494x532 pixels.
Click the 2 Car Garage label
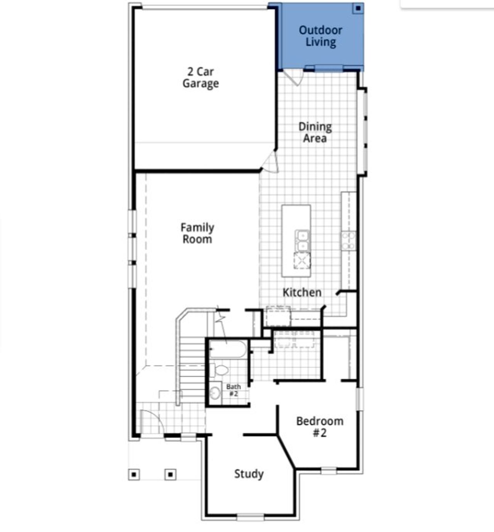pyautogui.click(x=200, y=78)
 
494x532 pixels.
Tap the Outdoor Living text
pyautogui.click(x=320, y=36)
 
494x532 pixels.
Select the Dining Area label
pyautogui.click(x=315, y=132)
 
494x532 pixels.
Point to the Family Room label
pyautogui.click(x=197, y=233)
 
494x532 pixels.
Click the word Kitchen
pyautogui.click(x=302, y=292)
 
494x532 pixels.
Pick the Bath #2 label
pyautogui.click(x=233, y=390)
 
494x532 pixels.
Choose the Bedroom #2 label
pyautogui.click(x=320, y=427)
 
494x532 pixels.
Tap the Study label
pyautogui.click(x=249, y=474)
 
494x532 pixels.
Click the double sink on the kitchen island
pyautogui.click(x=302, y=240)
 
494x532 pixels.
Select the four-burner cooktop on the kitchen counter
pyautogui.click(x=348, y=241)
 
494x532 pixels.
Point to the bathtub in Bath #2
pyautogui.click(x=228, y=350)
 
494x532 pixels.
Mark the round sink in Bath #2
pyautogui.click(x=215, y=393)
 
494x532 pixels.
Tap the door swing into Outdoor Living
pyautogui.click(x=294, y=77)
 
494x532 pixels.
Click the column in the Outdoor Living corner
pyautogui.click(x=358, y=8)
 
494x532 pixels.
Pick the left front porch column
pyautogui.click(x=134, y=474)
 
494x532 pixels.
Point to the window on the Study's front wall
pyautogui.click(x=250, y=517)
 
